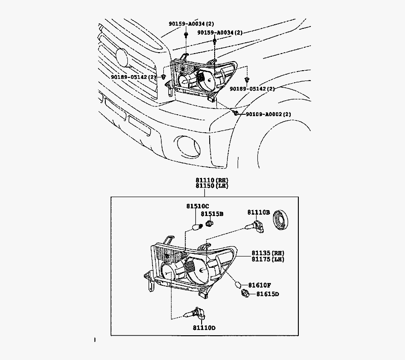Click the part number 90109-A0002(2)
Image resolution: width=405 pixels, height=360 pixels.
(x=268, y=114)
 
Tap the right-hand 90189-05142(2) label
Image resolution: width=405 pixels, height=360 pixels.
(x=252, y=89)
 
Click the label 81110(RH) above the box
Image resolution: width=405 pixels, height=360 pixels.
(x=211, y=180)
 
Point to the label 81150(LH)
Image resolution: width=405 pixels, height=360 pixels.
(x=211, y=186)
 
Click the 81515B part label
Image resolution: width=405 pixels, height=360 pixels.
(x=212, y=214)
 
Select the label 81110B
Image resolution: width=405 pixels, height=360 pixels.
(x=258, y=212)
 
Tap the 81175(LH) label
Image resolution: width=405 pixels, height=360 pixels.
(x=268, y=259)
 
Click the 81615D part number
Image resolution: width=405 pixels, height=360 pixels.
(x=268, y=294)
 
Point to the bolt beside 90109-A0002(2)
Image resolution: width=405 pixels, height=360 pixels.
(x=235, y=112)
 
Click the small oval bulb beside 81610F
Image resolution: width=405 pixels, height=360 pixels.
(x=239, y=285)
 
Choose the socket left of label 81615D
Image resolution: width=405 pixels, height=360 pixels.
(x=245, y=294)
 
